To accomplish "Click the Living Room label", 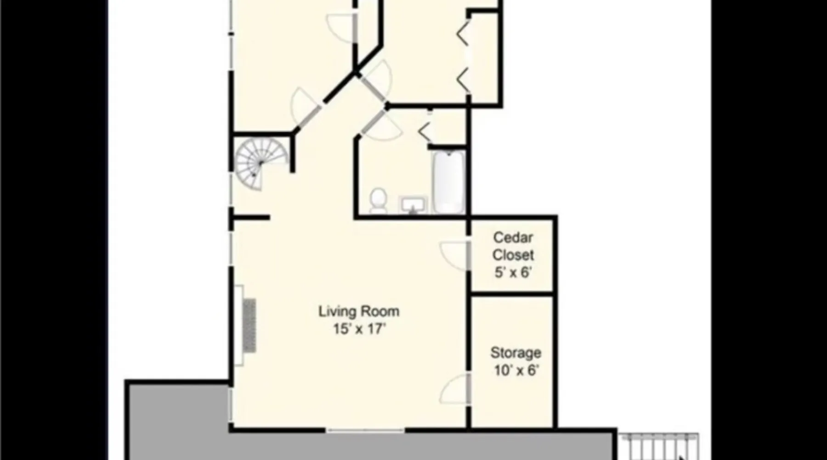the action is [x=359, y=311].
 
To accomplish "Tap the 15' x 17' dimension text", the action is [x=359, y=329].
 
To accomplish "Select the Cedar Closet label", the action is [x=513, y=246].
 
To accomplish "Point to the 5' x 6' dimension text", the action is [x=513, y=272].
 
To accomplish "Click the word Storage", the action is [x=515, y=353].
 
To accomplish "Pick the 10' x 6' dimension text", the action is [x=515, y=370].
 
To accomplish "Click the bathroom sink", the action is [x=413, y=205].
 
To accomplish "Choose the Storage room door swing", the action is [x=455, y=389].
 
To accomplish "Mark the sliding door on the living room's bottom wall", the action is [x=365, y=431].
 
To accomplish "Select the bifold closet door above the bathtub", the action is [x=425, y=131].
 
